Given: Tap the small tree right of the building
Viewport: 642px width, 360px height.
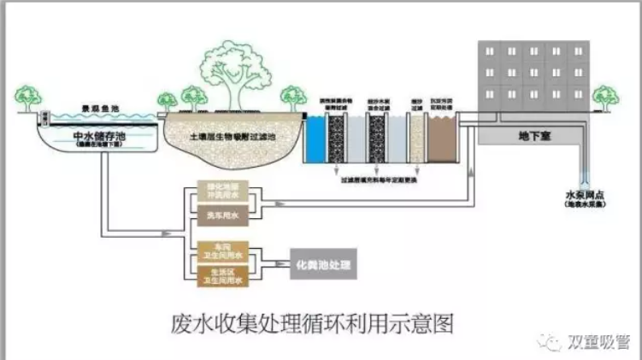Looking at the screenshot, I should [x=604, y=97].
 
